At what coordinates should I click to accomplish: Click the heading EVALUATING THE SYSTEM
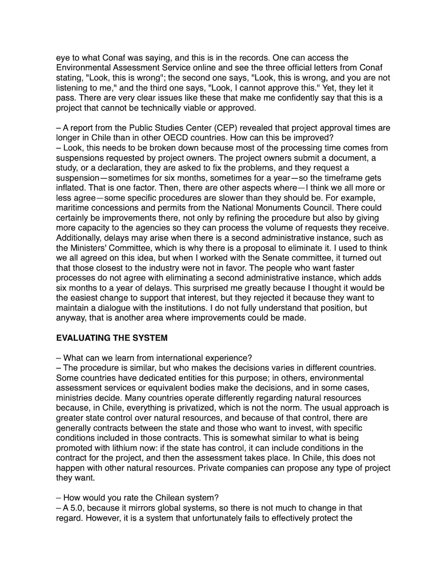pyautogui.click(x=114, y=338)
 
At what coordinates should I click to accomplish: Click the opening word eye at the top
pyautogui.click(x=64, y=58)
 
